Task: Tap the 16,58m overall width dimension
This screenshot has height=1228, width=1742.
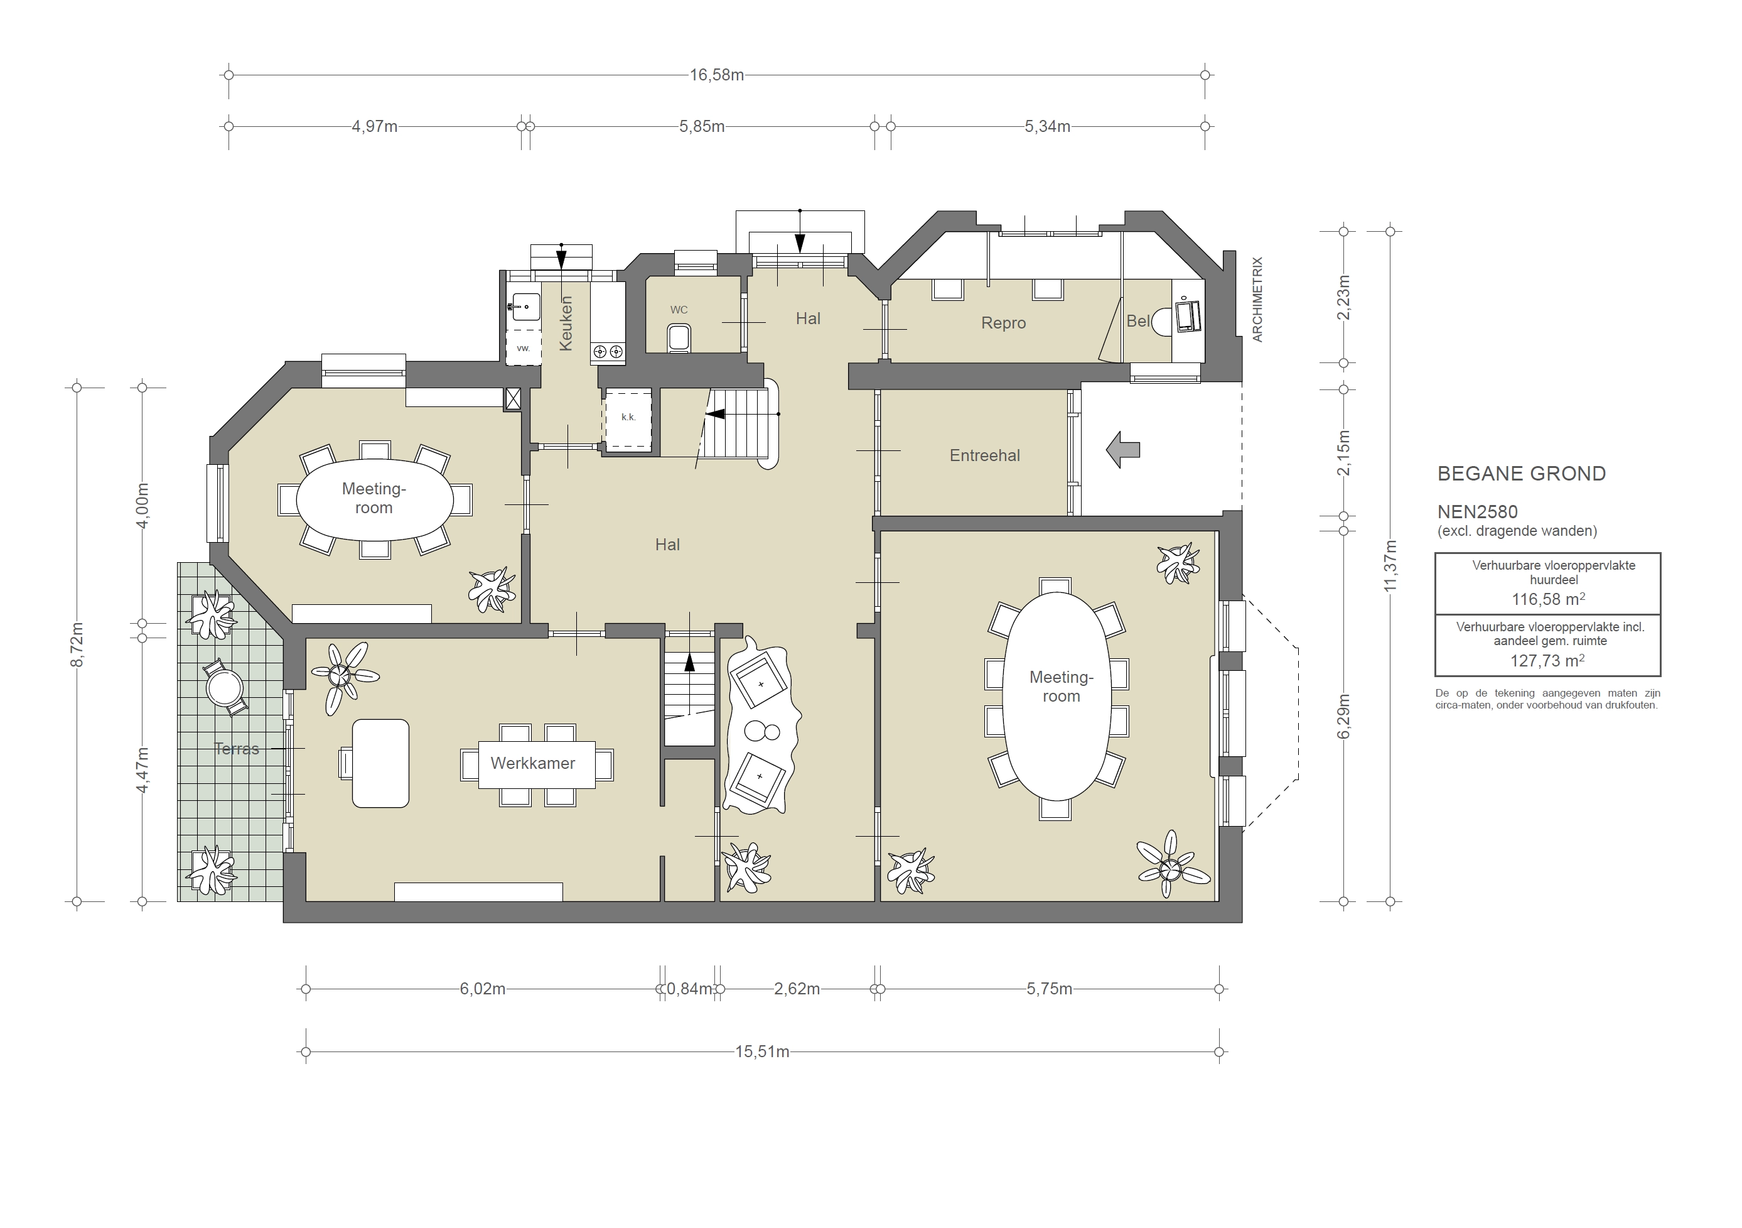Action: point(716,75)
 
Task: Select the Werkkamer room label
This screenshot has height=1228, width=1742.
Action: point(532,763)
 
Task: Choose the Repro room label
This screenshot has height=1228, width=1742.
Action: point(1003,323)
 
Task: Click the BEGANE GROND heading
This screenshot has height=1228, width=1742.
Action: point(1521,474)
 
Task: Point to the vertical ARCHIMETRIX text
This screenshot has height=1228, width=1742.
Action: point(1257,299)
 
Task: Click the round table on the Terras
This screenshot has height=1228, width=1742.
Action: point(225,689)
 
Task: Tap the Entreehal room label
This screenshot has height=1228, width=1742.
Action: point(984,455)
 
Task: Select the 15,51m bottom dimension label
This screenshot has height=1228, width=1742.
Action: point(761,1052)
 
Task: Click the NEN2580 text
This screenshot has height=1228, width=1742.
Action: point(1476,513)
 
